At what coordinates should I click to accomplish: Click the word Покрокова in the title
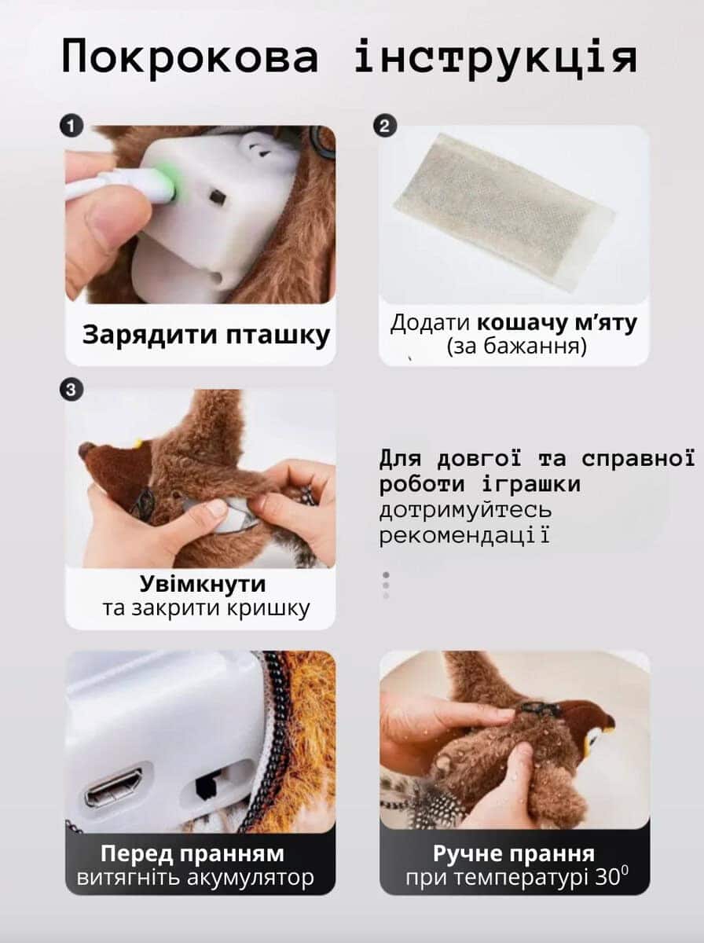pyautogui.click(x=190, y=57)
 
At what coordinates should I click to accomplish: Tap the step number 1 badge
pyautogui.click(x=71, y=126)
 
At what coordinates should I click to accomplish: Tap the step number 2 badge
pyautogui.click(x=385, y=126)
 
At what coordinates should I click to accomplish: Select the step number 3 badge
pyautogui.click(x=71, y=390)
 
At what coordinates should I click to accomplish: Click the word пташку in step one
pyautogui.click(x=278, y=336)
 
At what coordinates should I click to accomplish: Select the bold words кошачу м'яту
pyautogui.click(x=557, y=323)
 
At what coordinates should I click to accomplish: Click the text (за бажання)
pyautogui.click(x=516, y=347)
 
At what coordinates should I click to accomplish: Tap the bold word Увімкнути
pyautogui.click(x=202, y=584)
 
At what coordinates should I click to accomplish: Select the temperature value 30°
pyautogui.click(x=611, y=877)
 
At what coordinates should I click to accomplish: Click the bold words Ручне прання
pyautogui.click(x=514, y=853)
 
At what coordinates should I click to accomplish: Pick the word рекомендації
pyautogui.click(x=464, y=536)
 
